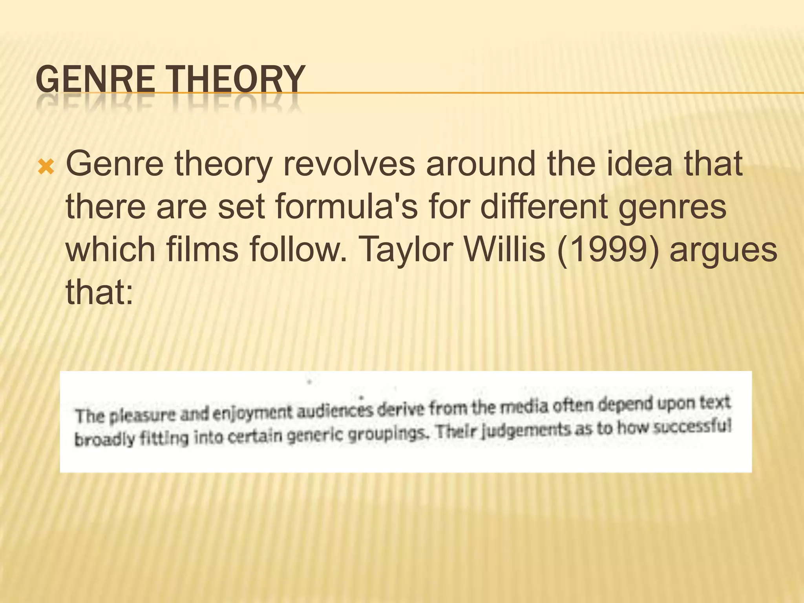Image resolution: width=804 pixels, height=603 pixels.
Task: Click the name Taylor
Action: (406, 250)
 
